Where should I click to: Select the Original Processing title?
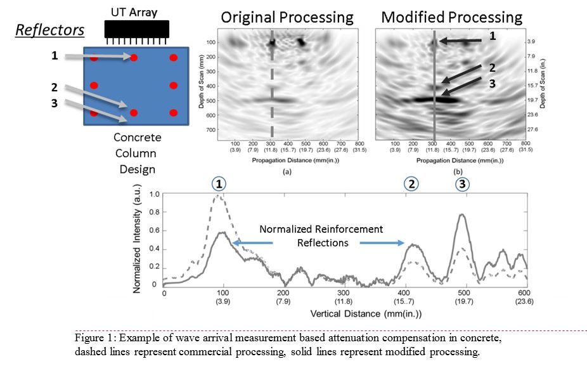pos(287,16)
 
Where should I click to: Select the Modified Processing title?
pos(452,16)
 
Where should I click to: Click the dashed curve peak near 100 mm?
pos(219,196)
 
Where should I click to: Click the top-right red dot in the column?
pos(172,58)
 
